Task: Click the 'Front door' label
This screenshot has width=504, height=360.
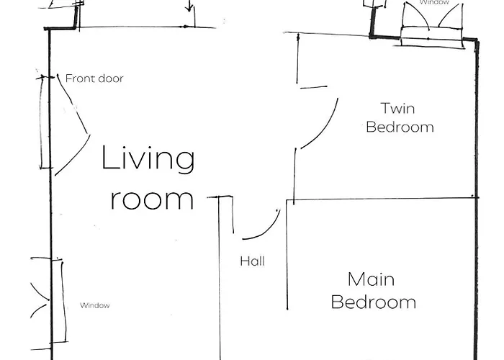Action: [x=94, y=78]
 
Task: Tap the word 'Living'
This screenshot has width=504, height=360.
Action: [x=148, y=159]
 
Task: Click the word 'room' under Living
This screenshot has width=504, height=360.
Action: [x=152, y=199]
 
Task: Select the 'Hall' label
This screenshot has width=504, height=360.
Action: [x=252, y=261]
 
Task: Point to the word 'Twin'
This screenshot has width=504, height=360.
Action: [x=397, y=108]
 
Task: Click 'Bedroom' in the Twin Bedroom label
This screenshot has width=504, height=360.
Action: [x=400, y=127]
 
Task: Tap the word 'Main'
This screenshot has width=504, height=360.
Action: [x=371, y=279]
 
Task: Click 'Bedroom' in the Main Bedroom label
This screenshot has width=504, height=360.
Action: [x=374, y=302]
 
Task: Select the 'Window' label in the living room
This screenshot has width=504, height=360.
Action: [x=95, y=305]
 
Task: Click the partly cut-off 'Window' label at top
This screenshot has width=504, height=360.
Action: [x=434, y=2]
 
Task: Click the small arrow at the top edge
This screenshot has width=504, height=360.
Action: [x=189, y=6]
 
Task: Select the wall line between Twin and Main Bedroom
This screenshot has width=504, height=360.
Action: [x=382, y=199]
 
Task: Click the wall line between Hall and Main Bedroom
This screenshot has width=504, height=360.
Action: [x=287, y=254]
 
